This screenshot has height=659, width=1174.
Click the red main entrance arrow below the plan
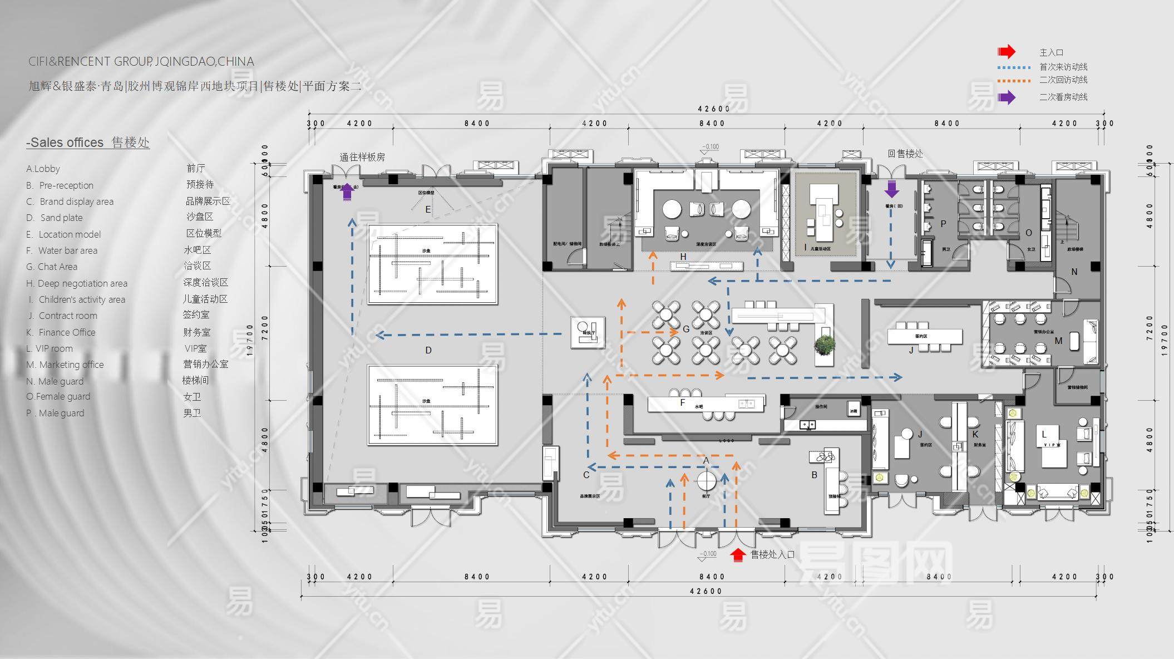coord(738,554)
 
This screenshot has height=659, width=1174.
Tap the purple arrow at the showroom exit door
coord(347,192)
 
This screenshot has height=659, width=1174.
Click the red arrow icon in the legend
coord(1006,52)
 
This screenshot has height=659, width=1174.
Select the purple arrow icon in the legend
coord(1006,97)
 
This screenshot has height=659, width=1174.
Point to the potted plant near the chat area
coord(824,345)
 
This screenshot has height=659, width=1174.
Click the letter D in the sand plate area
coord(428,350)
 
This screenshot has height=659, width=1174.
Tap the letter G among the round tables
coord(686,329)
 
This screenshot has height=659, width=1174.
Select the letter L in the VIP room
coord(1044,434)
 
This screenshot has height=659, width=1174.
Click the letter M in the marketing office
coord(1058,341)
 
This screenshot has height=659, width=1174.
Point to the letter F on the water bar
coord(683,402)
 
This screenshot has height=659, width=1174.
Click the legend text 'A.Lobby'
coord(43,169)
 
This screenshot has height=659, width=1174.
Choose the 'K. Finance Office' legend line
coord(61,332)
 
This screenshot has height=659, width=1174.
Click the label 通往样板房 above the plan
coord(362,157)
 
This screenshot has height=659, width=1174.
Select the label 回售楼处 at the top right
coord(905,154)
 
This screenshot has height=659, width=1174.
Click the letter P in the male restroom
coord(943,224)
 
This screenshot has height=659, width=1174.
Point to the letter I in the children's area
coord(805,247)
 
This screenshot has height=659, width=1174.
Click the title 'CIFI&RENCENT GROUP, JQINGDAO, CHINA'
coord(141,62)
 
